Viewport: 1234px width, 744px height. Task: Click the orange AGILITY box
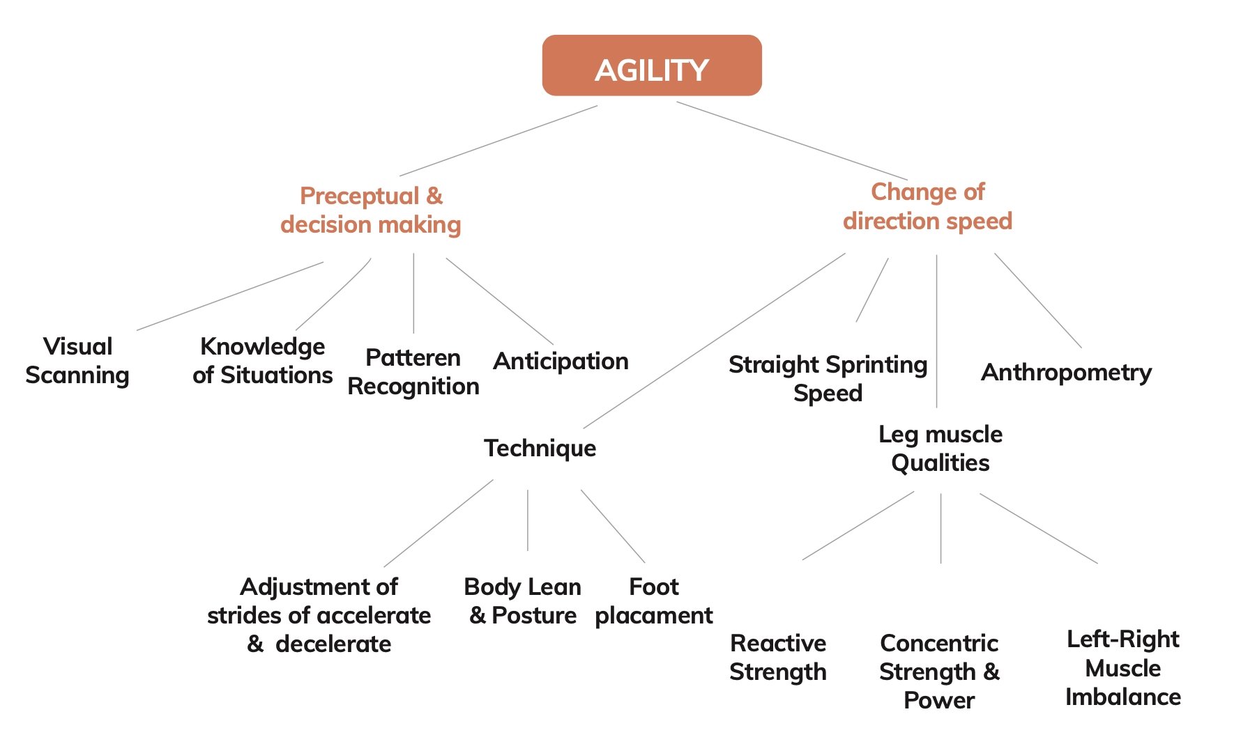651,66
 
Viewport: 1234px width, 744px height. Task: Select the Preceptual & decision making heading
371,210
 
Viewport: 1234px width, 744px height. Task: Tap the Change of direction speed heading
927,206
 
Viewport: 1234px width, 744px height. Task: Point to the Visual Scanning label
77,361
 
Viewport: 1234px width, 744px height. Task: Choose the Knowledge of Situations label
262,361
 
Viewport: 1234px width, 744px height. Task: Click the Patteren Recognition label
413,372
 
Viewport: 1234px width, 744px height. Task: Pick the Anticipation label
561,361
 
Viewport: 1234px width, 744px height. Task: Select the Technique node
540,448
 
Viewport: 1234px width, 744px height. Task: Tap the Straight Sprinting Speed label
828,378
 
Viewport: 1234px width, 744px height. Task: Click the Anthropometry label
1066,372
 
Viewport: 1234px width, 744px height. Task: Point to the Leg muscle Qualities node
940,449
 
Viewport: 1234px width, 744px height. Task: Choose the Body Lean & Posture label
522,601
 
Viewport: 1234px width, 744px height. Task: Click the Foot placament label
653,601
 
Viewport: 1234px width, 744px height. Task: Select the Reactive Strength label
778,657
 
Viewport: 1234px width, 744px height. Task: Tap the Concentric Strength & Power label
939,671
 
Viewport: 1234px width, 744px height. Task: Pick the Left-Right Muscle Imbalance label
1122,668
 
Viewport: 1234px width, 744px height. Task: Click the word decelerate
333,644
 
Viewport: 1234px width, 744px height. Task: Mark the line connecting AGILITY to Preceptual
498,141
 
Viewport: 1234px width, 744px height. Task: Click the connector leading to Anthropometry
1037,300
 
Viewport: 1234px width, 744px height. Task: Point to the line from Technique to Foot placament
612,526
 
